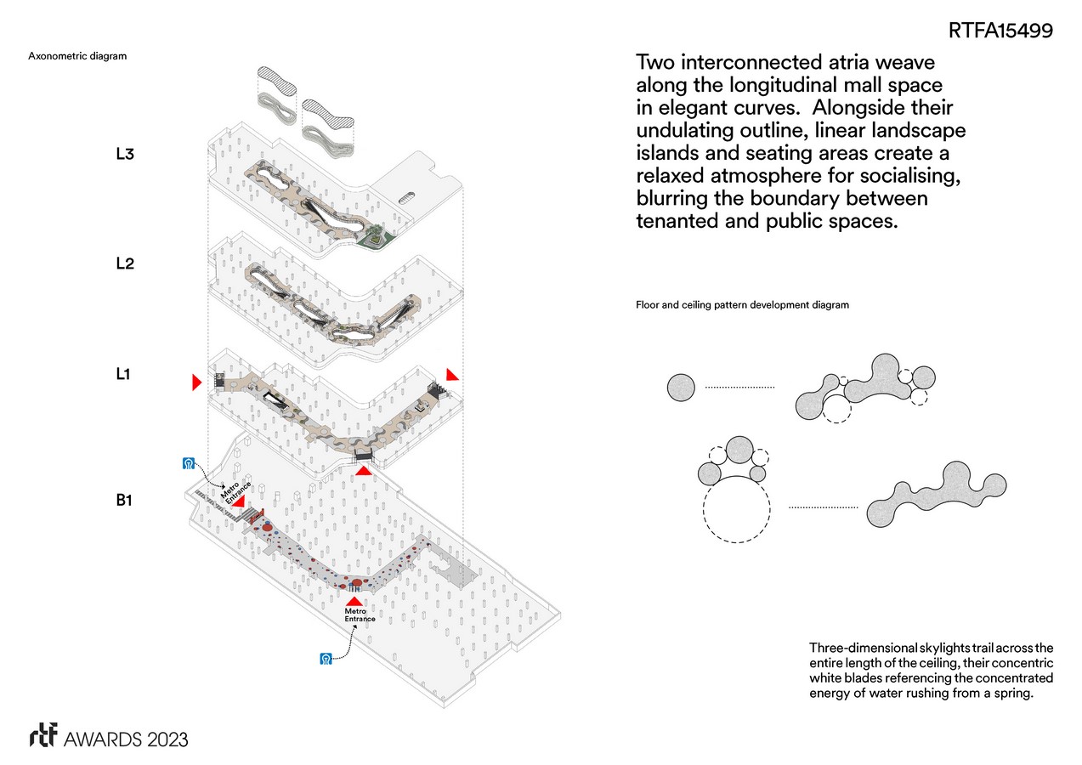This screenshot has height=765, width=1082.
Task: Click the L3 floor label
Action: click(125, 154)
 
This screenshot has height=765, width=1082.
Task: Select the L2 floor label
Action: click(125, 263)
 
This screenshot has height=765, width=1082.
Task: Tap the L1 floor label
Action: click(123, 374)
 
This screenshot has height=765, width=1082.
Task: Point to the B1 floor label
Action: click(124, 500)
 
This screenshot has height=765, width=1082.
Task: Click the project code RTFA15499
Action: click(1000, 31)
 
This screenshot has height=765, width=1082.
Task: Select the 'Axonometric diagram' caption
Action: click(77, 56)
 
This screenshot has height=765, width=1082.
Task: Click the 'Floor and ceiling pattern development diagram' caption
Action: click(742, 305)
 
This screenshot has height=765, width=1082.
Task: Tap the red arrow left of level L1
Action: click(196, 382)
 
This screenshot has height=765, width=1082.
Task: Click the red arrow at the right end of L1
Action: click(451, 374)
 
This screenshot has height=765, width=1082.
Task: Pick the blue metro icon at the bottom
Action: click(326, 658)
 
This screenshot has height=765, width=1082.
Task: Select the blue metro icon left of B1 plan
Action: click(189, 463)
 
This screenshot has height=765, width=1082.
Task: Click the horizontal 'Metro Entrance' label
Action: click(360, 615)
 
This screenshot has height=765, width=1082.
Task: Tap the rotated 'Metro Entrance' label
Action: click(235, 491)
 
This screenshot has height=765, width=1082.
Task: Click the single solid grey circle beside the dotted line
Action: click(681, 388)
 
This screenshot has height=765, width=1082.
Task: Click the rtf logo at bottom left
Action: click(43, 735)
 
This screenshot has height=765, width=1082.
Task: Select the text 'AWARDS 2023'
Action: click(126, 739)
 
